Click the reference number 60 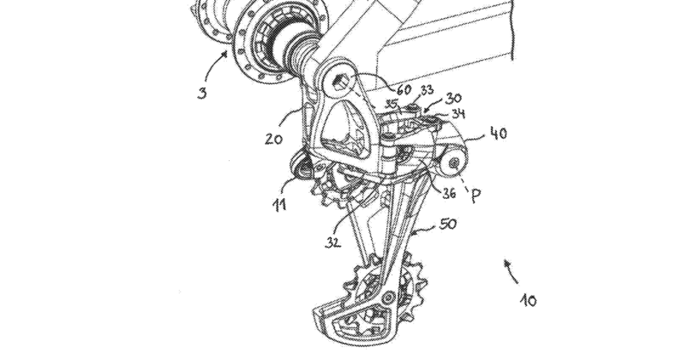tap(401, 89)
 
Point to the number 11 tap(279, 204)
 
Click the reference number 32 tap(335, 242)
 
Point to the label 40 tap(497, 134)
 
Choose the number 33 tap(426, 90)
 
